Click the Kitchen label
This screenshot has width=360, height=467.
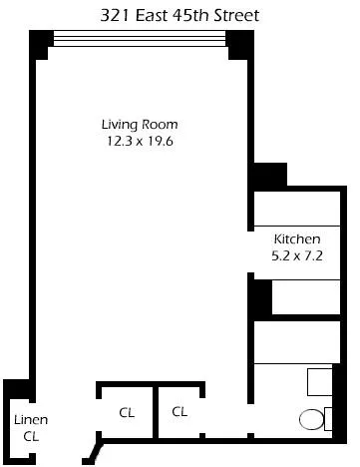(x=297, y=239)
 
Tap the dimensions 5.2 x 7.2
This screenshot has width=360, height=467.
(x=297, y=255)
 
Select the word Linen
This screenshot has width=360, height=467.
(x=30, y=420)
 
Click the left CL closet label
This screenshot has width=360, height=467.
(x=127, y=411)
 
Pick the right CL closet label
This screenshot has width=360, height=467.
(x=180, y=411)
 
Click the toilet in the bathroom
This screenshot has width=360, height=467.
(x=312, y=419)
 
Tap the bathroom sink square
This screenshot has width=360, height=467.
(x=319, y=382)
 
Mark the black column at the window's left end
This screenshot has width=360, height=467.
(x=40, y=43)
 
